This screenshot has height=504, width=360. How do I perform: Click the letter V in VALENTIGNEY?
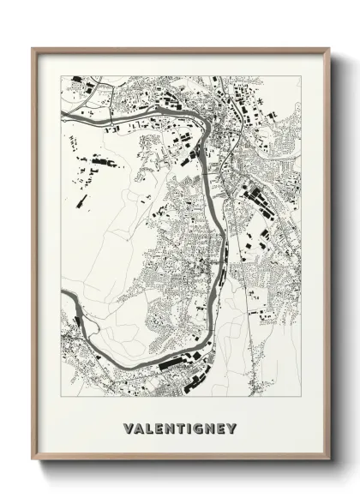pos(128,427)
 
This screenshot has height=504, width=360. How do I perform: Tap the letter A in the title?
pos(139,427)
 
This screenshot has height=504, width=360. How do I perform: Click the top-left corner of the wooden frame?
pos(33,48)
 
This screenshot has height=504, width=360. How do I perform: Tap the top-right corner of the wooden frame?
pos(329,48)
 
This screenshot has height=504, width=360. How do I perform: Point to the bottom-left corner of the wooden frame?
pos(33,463)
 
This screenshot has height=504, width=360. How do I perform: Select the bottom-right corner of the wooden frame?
pos(329,463)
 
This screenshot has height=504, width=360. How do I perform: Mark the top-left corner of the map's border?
pos(61,75)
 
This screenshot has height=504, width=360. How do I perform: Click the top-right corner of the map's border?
pos(301,75)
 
